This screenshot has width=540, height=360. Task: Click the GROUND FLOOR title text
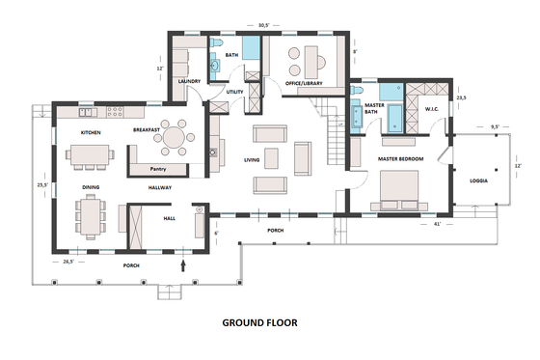pos(259,322)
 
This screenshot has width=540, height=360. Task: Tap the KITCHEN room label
pos(91,131)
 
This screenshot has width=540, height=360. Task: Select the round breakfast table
pos(175,138)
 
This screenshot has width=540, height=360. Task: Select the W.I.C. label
pos(431,109)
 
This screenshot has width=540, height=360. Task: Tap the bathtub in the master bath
pos(396,117)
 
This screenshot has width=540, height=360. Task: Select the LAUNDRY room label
pos(188,82)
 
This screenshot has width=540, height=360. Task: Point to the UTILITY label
pos(234,92)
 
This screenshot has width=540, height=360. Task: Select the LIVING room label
pos(253,159)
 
